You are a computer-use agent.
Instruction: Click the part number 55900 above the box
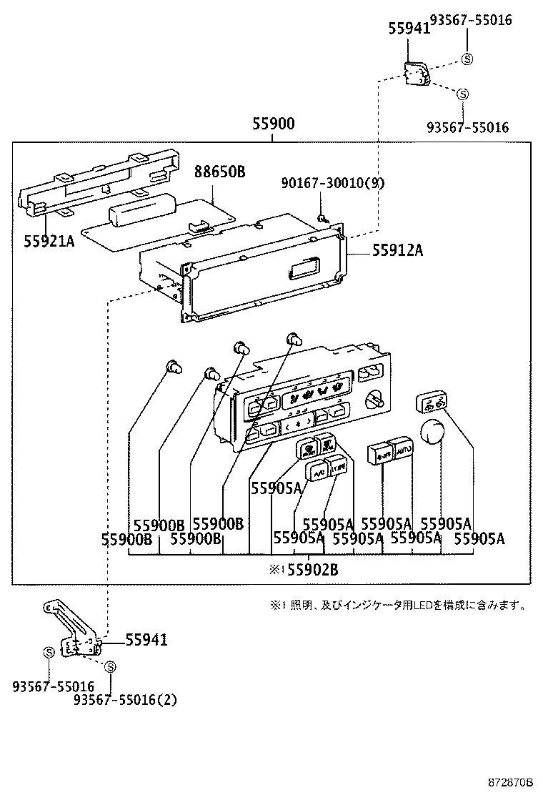[x=272, y=124]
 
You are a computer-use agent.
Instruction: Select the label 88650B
[x=219, y=172]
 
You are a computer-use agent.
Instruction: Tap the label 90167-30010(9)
[x=333, y=183]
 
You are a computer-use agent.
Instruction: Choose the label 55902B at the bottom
[x=312, y=570]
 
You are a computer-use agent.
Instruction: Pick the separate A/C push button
[x=317, y=471]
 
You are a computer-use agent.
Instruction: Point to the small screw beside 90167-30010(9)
[x=322, y=218]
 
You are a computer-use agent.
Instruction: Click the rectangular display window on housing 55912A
[x=302, y=270]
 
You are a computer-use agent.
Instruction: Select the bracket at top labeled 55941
[x=415, y=73]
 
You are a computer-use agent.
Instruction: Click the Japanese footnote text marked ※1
[x=399, y=606]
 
